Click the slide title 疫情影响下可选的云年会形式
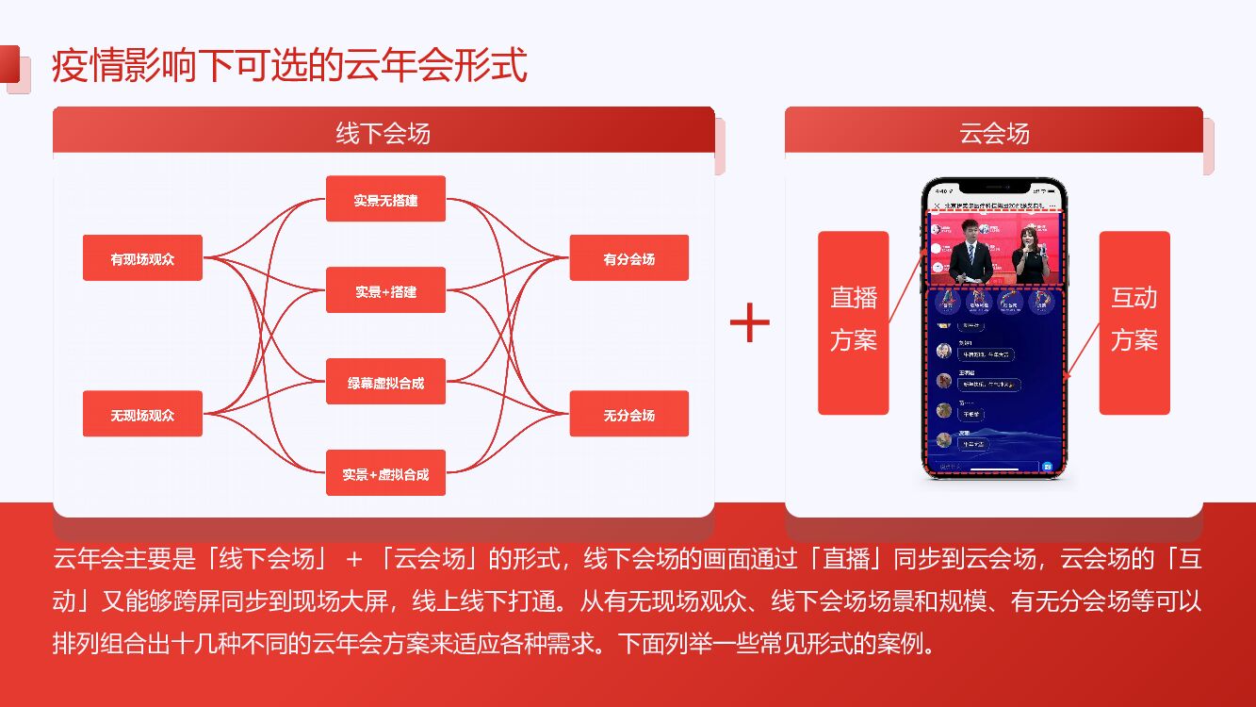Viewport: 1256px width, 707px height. (x=289, y=67)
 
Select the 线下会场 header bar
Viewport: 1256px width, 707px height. (x=383, y=132)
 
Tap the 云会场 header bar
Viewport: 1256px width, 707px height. (x=993, y=132)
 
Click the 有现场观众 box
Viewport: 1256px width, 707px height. (x=142, y=258)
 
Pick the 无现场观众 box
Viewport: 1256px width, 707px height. (x=142, y=414)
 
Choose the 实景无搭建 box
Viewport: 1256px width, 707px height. (x=385, y=199)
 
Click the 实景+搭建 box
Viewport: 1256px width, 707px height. (x=385, y=290)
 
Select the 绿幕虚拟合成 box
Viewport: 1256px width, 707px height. (x=385, y=382)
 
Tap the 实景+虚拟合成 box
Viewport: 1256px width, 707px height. (x=385, y=473)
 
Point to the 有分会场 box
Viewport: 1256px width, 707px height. (x=628, y=258)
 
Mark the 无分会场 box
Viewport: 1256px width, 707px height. (x=628, y=414)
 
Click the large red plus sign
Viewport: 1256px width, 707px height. (x=750, y=323)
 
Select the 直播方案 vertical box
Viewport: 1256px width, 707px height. (x=853, y=322)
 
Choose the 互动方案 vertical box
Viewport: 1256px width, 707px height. (x=1134, y=322)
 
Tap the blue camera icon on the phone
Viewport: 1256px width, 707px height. (x=1047, y=467)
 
